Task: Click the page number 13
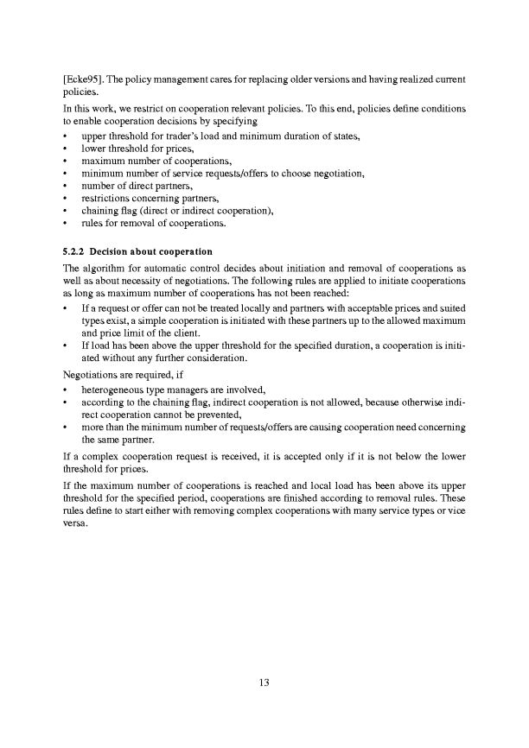[x=264, y=683]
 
